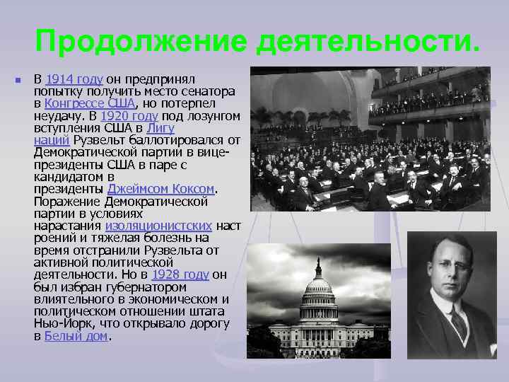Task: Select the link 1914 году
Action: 75,78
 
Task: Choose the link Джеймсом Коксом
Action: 160,189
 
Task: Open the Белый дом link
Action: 76,336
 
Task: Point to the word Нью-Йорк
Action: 61,324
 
